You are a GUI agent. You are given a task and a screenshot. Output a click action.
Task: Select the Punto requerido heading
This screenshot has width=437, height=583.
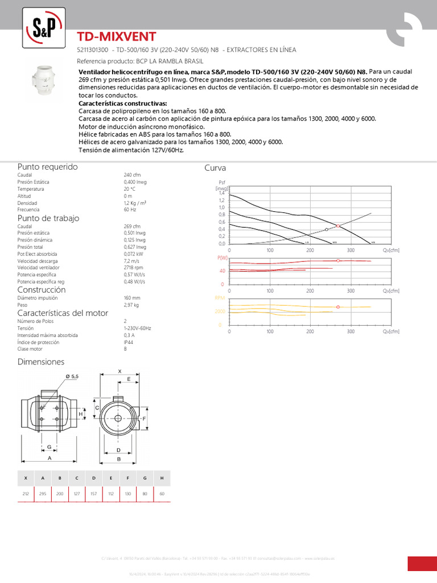pos(48,167)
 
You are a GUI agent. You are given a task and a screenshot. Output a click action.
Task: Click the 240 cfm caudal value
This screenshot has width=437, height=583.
pos(132,175)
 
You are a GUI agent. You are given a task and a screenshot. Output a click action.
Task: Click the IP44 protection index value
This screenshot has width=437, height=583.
pos(129,342)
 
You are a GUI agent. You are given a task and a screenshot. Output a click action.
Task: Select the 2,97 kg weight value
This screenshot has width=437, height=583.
pos(131,305)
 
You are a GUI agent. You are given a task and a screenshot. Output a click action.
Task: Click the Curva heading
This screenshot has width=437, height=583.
pos(215,168)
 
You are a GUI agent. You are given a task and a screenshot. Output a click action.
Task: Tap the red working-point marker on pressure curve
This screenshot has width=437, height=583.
pos(339,226)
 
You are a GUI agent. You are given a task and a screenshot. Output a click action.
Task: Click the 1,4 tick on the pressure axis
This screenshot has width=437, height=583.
pos(222,194)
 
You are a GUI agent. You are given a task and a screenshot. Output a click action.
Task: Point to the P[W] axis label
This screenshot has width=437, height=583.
pos(222,258)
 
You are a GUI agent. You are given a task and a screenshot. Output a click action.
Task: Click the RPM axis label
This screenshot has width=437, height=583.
pos(220,298)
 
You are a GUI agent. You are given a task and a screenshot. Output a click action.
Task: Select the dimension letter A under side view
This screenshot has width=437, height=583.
pos(50,458)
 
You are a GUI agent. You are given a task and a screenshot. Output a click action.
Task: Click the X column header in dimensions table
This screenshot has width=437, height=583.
pos(26,478)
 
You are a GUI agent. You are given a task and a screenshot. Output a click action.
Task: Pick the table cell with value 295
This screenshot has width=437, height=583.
pos(43,494)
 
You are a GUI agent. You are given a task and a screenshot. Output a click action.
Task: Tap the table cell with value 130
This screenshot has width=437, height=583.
pos(128,494)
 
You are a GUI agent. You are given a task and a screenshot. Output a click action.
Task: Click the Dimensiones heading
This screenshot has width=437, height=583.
pos(41,362)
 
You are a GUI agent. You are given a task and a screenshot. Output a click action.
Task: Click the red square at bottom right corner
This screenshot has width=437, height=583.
pos(422,563)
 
